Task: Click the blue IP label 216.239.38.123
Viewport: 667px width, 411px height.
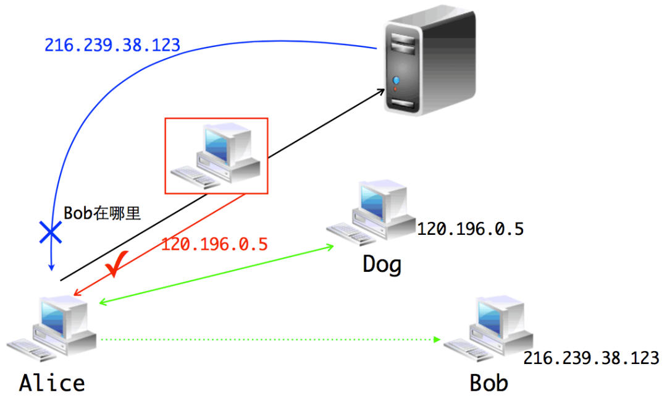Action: tap(112, 45)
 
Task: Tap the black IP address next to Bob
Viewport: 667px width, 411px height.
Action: tap(591, 358)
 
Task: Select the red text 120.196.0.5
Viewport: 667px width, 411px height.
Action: tap(214, 244)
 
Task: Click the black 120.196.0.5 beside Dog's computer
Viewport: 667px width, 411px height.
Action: tap(470, 229)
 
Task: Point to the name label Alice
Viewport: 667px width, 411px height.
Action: tap(52, 383)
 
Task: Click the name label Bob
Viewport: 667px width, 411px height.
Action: tap(489, 383)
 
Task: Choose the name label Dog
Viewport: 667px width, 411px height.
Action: tap(382, 264)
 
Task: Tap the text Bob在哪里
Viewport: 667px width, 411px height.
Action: tap(103, 214)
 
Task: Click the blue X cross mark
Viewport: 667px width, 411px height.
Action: tap(50, 233)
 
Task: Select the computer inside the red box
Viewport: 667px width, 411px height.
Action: tap(216, 155)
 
